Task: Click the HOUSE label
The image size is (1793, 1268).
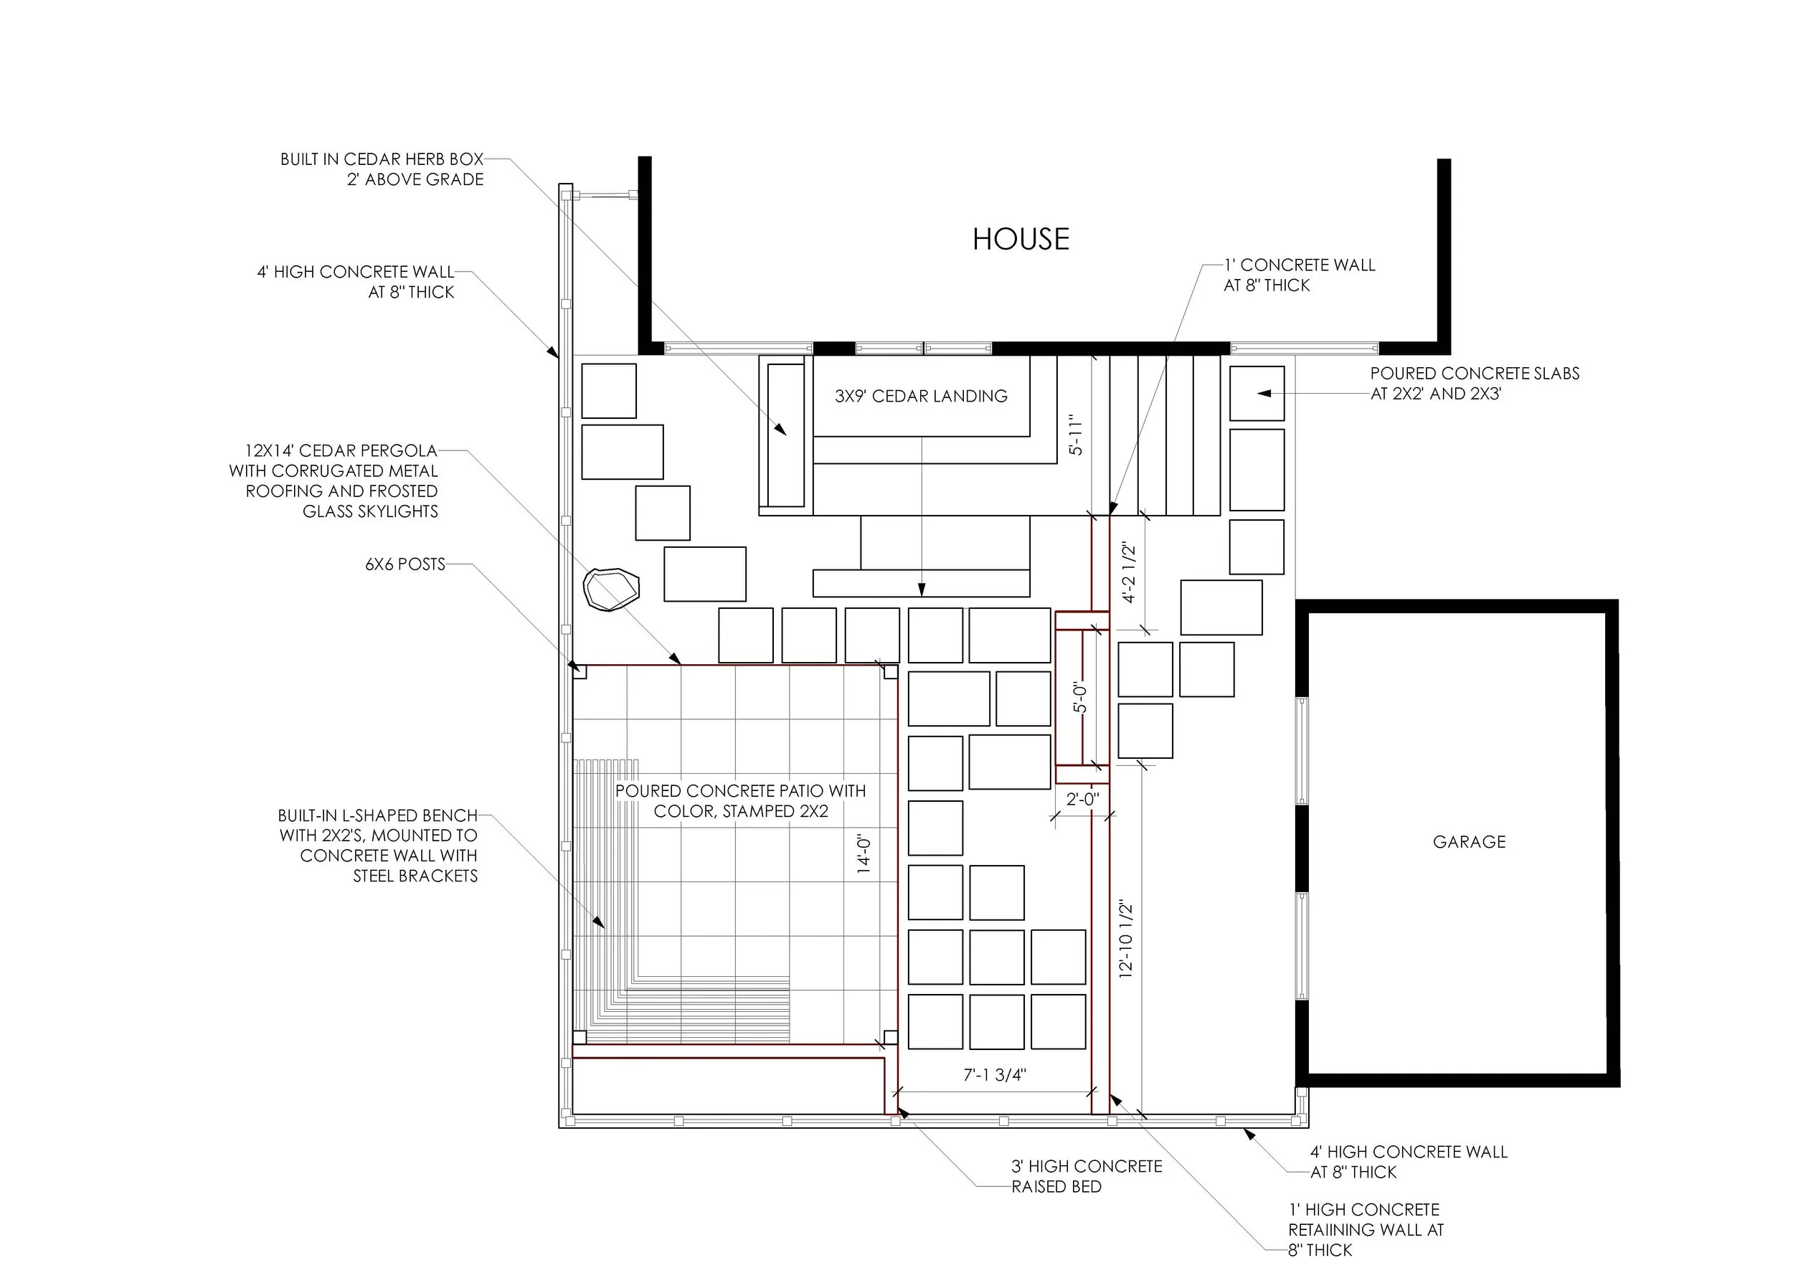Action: tap(1020, 239)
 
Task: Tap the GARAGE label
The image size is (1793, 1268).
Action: tap(1468, 842)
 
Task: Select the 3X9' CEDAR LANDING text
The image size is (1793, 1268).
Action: tap(921, 396)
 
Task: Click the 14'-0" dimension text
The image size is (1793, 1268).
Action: tap(864, 853)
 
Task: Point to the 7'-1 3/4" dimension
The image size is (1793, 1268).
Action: tap(994, 1075)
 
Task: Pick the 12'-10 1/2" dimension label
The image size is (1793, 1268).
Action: tap(1126, 940)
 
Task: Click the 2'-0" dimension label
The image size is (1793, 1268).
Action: tap(1082, 799)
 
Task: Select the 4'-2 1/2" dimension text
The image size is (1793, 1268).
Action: tap(1129, 573)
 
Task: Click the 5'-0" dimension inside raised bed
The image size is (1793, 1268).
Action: tap(1080, 697)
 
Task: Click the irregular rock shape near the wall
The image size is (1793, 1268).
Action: tap(612, 589)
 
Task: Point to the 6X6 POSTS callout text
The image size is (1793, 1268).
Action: tap(405, 564)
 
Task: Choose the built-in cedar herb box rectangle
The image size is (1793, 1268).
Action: tap(785, 435)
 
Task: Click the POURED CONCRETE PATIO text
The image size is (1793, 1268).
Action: tap(740, 801)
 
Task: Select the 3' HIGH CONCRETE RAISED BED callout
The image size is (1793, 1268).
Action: tap(1087, 1177)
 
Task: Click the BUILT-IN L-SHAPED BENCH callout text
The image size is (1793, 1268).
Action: tap(378, 846)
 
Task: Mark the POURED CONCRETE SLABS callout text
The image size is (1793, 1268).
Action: tap(1474, 384)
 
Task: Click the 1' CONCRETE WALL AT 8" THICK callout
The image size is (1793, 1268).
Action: tap(1299, 275)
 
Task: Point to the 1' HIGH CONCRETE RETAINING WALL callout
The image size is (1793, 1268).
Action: tap(1365, 1229)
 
